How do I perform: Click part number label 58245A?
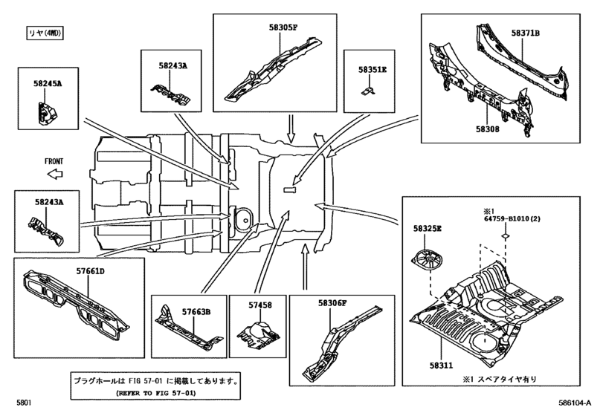click(x=48, y=85)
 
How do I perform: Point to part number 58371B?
click(x=525, y=33)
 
